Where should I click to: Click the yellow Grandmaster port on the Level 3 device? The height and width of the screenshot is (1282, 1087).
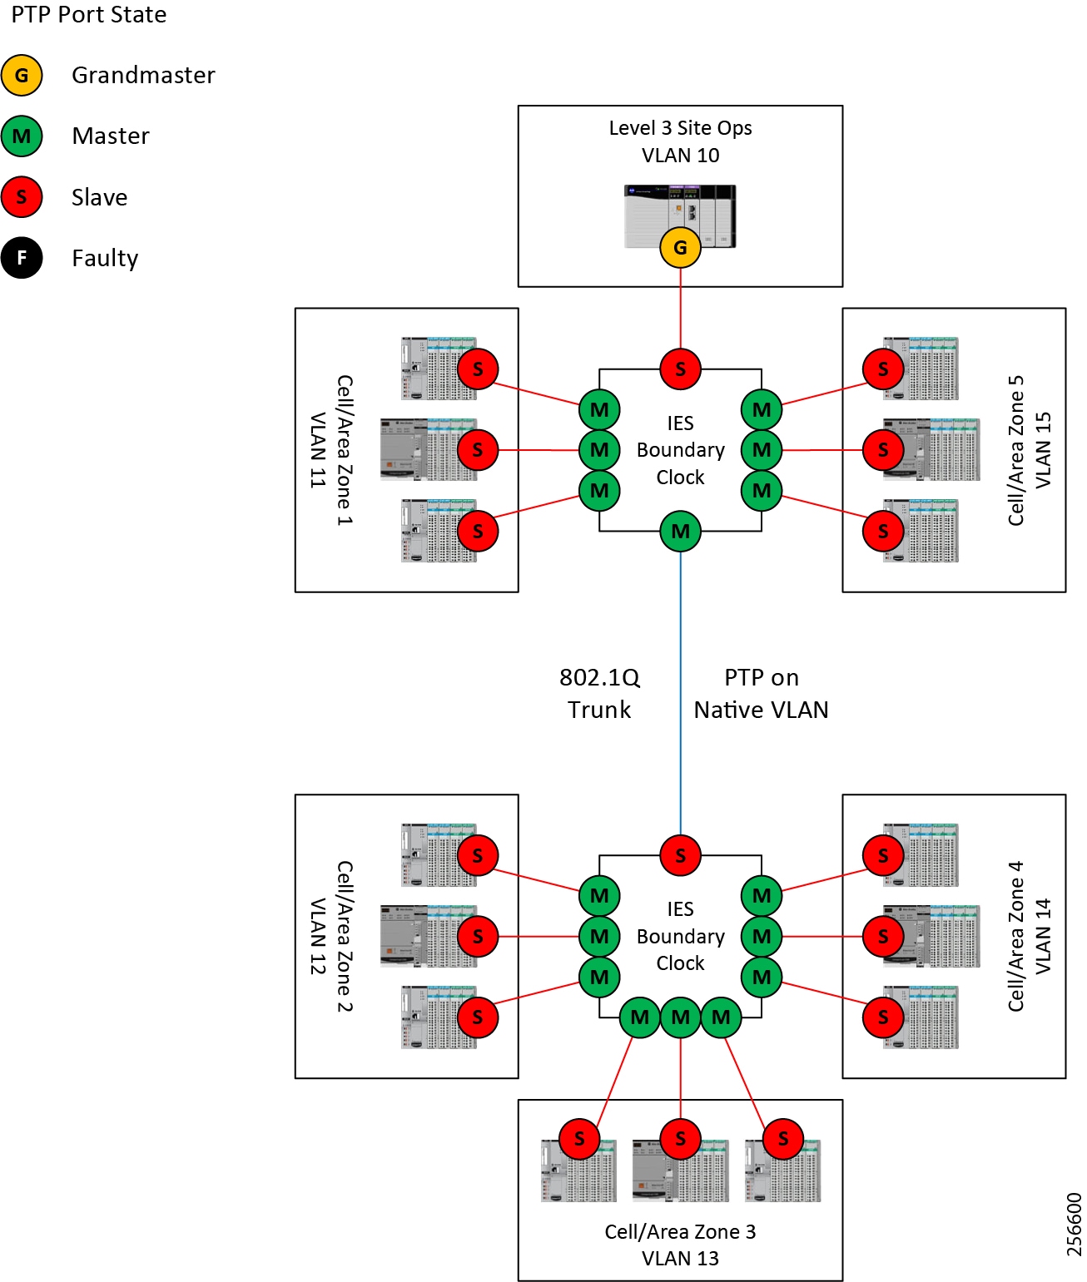pyautogui.click(x=680, y=247)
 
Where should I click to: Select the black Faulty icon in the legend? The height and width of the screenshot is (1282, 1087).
pyautogui.click(x=22, y=258)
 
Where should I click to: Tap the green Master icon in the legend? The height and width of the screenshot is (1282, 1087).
pyautogui.click(x=22, y=136)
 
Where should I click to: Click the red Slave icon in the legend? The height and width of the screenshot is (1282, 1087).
pyautogui.click(x=22, y=197)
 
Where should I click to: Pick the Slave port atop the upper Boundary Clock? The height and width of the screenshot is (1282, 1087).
pyautogui.click(x=680, y=369)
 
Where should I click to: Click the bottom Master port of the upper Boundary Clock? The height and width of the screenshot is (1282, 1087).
pyautogui.click(x=680, y=531)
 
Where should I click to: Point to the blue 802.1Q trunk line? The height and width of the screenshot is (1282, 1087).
pyautogui.click(x=680, y=690)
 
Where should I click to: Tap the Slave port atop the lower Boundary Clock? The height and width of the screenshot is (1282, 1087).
pyautogui.click(x=680, y=854)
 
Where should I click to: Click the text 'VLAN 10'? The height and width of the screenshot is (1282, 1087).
pyautogui.click(x=680, y=156)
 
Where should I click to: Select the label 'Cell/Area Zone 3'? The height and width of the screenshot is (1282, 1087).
pyautogui.click(x=680, y=1231)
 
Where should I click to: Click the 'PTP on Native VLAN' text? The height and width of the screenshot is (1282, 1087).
pyautogui.click(x=761, y=694)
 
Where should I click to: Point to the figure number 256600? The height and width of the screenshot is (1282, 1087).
pyautogui.click(x=1074, y=1224)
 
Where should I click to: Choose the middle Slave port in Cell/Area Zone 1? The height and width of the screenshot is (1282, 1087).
pyautogui.click(x=478, y=450)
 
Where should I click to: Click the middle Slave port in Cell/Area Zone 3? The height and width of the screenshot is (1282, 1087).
pyautogui.click(x=680, y=1138)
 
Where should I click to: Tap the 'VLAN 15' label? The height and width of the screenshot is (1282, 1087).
pyautogui.click(x=1043, y=450)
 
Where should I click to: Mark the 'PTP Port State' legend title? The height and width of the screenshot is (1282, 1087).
pyautogui.click(x=88, y=15)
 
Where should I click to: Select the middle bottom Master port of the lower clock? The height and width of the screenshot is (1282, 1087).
pyautogui.click(x=680, y=1017)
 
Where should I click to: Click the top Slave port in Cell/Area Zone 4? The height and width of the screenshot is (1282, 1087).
pyautogui.click(x=883, y=855)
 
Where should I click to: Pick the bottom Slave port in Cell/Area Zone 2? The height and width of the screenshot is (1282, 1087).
pyautogui.click(x=478, y=1017)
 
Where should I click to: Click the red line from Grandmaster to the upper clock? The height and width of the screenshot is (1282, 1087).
pyautogui.click(x=680, y=308)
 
